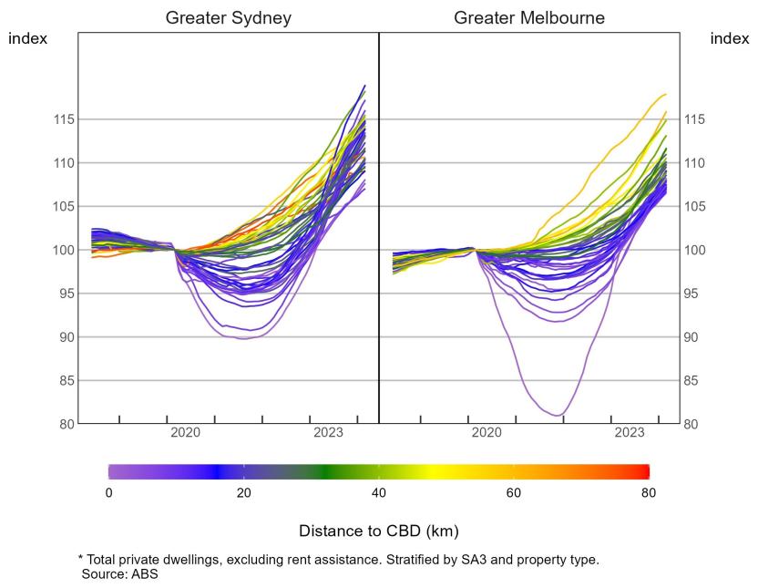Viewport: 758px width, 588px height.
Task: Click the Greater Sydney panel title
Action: (x=228, y=18)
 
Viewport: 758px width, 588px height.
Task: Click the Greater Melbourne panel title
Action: (x=528, y=18)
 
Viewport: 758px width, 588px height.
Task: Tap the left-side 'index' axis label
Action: (x=27, y=38)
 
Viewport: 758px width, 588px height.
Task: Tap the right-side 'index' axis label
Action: (x=729, y=38)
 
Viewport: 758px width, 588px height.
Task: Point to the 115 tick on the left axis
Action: (x=62, y=119)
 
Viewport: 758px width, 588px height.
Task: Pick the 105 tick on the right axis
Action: (x=695, y=207)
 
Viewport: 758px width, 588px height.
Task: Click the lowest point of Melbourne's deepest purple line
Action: (x=558, y=416)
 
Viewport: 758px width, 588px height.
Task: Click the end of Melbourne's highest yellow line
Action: (x=666, y=94)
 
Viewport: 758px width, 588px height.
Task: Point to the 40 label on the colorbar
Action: (x=378, y=493)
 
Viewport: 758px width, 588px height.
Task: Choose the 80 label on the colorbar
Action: (x=648, y=493)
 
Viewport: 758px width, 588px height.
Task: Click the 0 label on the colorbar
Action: (x=109, y=493)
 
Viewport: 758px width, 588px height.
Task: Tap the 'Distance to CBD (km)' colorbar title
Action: (x=378, y=530)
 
